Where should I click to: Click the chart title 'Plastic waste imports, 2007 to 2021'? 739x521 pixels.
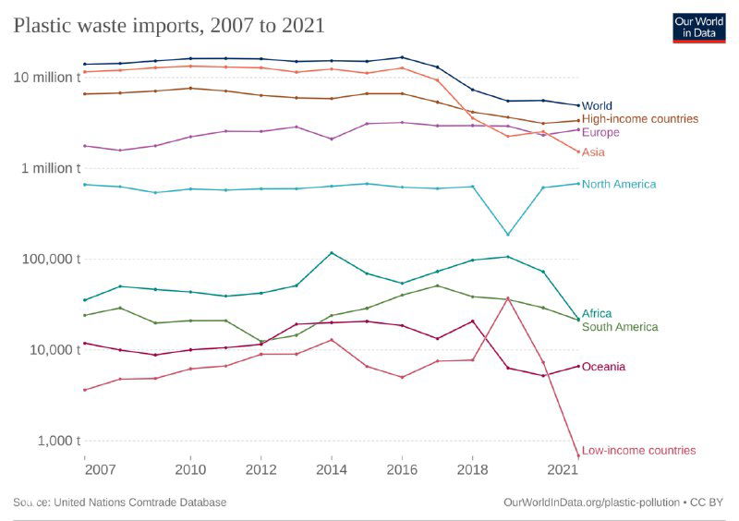(x=169, y=25)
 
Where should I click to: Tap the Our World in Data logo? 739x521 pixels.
(x=698, y=27)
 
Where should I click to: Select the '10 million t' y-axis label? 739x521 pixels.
(x=47, y=77)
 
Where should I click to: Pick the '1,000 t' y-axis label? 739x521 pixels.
(x=58, y=440)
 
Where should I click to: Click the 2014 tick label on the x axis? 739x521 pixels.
(x=332, y=468)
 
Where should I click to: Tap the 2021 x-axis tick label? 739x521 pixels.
(x=565, y=468)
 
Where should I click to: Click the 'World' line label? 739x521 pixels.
(x=597, y=106)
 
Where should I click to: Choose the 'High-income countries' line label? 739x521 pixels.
(x=640, y=119)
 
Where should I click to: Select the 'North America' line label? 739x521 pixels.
(x=619, y=184)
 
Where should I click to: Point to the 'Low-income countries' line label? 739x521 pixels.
(x=638, y=451)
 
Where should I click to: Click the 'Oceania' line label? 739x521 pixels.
(x=603, y=367)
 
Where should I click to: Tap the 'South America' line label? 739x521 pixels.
(x=620, y=327)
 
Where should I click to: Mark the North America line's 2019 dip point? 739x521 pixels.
(x=507, y=235)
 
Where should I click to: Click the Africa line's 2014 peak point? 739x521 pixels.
(x=332, y=253)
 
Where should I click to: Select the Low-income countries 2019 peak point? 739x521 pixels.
(x=507, y=297)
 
